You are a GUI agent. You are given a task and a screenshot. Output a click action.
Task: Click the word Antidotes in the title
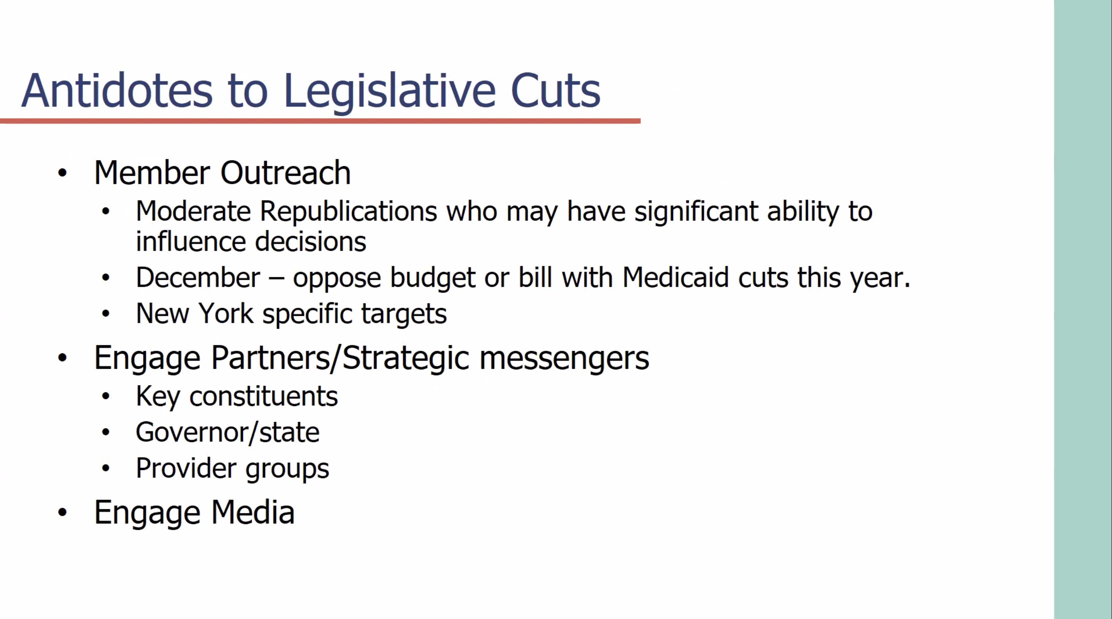click(x=117, y=90)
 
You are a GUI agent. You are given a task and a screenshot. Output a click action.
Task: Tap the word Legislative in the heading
click(x=389, y=93)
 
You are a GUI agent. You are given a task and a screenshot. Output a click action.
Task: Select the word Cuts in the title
click(x=555, y=91)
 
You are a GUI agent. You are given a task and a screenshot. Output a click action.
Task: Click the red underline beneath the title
click(x=320, y=121)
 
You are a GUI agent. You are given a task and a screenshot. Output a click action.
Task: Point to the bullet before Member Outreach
click(x=62, y=173)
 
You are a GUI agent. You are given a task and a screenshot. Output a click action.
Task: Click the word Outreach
click(x=285, y=172)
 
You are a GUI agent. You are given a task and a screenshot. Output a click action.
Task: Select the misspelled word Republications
click(x=348, y=212)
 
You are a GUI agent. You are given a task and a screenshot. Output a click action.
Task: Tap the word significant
click(x=696, y=212)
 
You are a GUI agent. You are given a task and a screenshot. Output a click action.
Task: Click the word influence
click(x=191, y=242)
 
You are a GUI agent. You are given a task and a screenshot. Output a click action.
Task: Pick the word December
click(x=198, y=277)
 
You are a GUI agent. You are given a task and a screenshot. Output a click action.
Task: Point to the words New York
click(x=194, y=313)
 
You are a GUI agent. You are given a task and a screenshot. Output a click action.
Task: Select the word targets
click(x=404, y=314)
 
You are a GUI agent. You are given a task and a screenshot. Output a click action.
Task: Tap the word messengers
click(x=564, y=359)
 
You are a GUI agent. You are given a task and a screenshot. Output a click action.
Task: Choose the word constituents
click(x=263, y=396)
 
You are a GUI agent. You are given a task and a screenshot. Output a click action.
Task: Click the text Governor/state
click(x=228, y=432)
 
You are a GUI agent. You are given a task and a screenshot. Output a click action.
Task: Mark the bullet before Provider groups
click(x=106, y=468)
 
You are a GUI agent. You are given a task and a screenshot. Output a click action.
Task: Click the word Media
click(x=253, y=512)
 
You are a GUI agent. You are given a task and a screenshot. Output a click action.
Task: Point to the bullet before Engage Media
click(x=62, y=513)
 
